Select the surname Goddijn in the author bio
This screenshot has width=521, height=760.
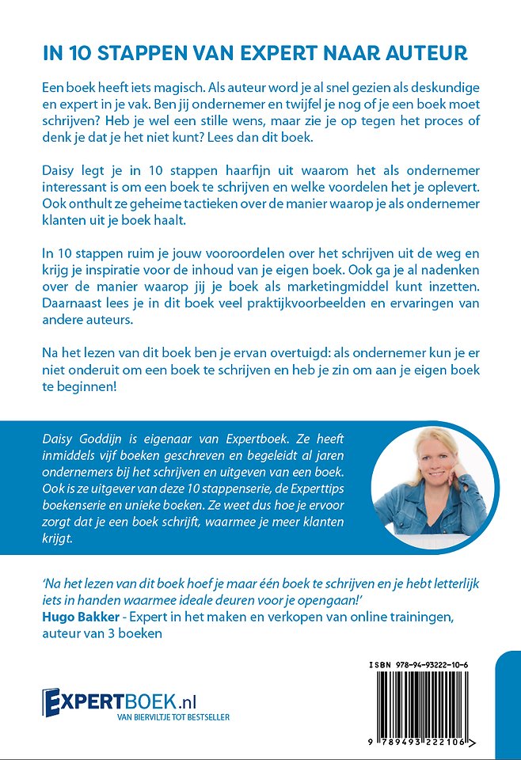pyautogui.click(x=107, y=439)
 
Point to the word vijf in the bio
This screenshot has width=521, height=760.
pyautogui.click(x=130, y=456)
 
